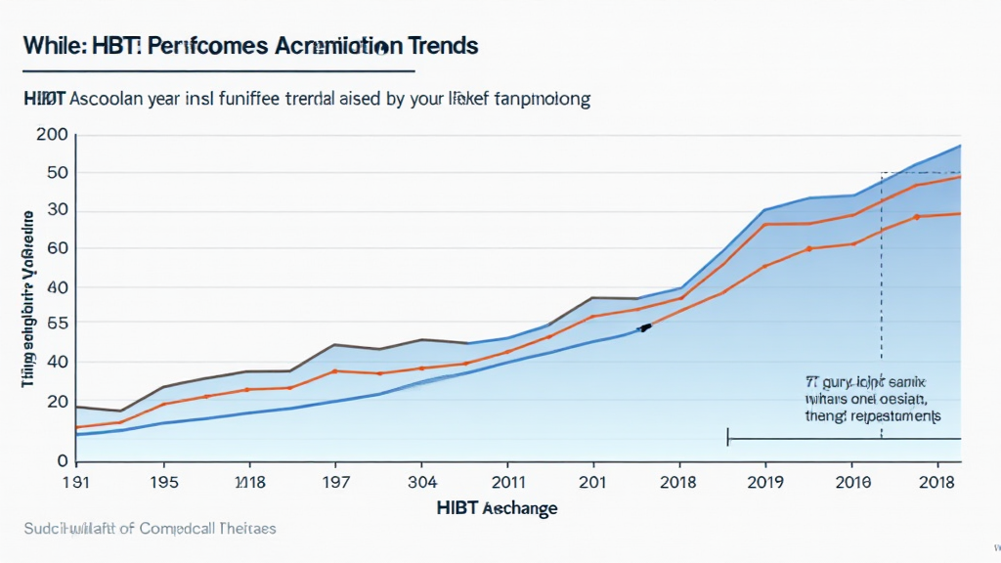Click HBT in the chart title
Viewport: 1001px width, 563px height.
point(90,46)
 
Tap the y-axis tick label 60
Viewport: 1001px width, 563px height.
point(57,248)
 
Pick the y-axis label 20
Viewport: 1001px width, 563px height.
point(57,401)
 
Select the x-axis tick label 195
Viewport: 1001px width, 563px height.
point(163,482)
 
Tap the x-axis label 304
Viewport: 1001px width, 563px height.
point(421,482)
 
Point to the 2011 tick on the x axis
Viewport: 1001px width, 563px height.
point(507,482)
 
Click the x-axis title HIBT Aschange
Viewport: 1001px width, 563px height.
point(499,508)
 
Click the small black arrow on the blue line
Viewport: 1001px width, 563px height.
point(644,327)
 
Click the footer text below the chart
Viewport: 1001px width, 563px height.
point(149,529)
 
